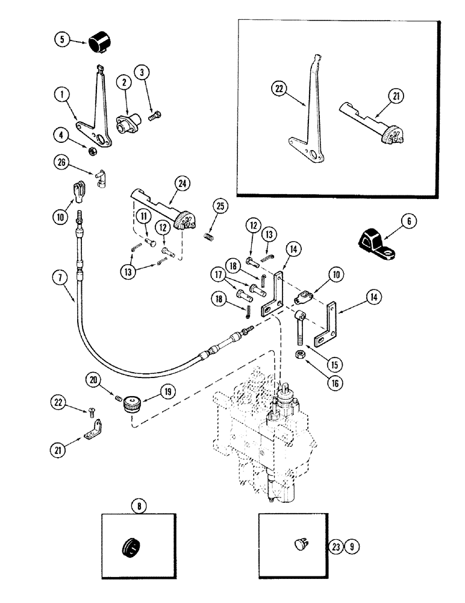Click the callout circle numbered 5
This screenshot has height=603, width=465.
(61, 40)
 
